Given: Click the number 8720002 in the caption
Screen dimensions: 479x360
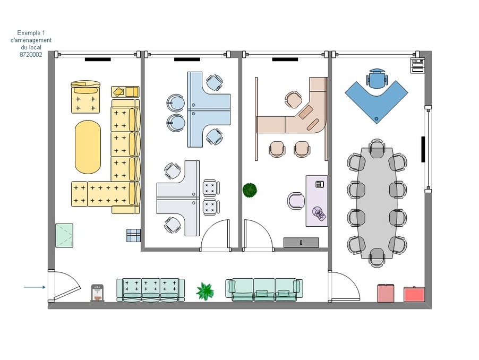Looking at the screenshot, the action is (x=31, y=55).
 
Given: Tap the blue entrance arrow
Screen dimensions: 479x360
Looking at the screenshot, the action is (x=35, y=287).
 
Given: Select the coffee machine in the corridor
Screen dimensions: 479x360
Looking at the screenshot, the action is (x=98, y=293).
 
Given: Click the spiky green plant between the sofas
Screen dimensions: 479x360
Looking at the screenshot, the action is (x=204, y=292).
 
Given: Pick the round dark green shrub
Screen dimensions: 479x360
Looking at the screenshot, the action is (x=250, y=190).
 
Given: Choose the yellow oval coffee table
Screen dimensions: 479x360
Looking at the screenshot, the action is (x=88, y=146).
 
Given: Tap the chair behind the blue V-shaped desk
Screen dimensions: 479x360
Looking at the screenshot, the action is (x=378, y=78).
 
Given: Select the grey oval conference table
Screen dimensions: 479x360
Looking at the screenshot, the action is (x=377, y=203).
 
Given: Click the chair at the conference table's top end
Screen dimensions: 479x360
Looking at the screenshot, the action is (x=377, y=148).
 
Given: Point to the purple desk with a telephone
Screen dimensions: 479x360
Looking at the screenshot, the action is (x=317, y=201).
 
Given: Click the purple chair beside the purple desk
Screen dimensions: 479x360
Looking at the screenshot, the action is (x=296, y=201).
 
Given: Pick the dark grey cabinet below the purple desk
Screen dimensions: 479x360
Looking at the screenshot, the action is (x=301, y=243).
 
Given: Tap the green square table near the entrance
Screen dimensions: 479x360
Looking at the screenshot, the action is (x=64, y=235).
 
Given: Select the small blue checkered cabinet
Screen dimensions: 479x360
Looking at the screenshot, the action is (x=133, y=235).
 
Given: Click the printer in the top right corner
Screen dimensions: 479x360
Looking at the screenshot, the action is (x=417, y=65).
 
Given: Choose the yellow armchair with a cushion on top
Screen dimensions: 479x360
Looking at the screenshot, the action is (x=86, y=97).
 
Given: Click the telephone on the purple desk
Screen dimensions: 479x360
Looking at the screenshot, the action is (x=320, y=184).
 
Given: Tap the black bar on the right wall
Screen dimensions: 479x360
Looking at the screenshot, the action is (x=423, y=149).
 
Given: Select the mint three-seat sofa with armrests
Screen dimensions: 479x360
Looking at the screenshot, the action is (x=264, y=289).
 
